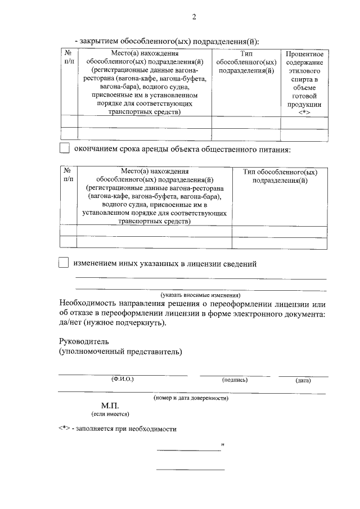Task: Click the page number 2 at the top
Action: pos(194,16)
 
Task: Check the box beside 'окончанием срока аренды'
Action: pos(64,149)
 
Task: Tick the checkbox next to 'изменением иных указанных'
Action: pos(64,263)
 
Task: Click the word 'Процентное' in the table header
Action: pos(304,54)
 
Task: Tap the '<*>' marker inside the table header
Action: pos(304,112)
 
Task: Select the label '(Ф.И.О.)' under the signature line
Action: pos(123,380)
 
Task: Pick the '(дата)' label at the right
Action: pos(303,381)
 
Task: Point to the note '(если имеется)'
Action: pos(110,414)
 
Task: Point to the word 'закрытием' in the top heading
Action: pos(100,41)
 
